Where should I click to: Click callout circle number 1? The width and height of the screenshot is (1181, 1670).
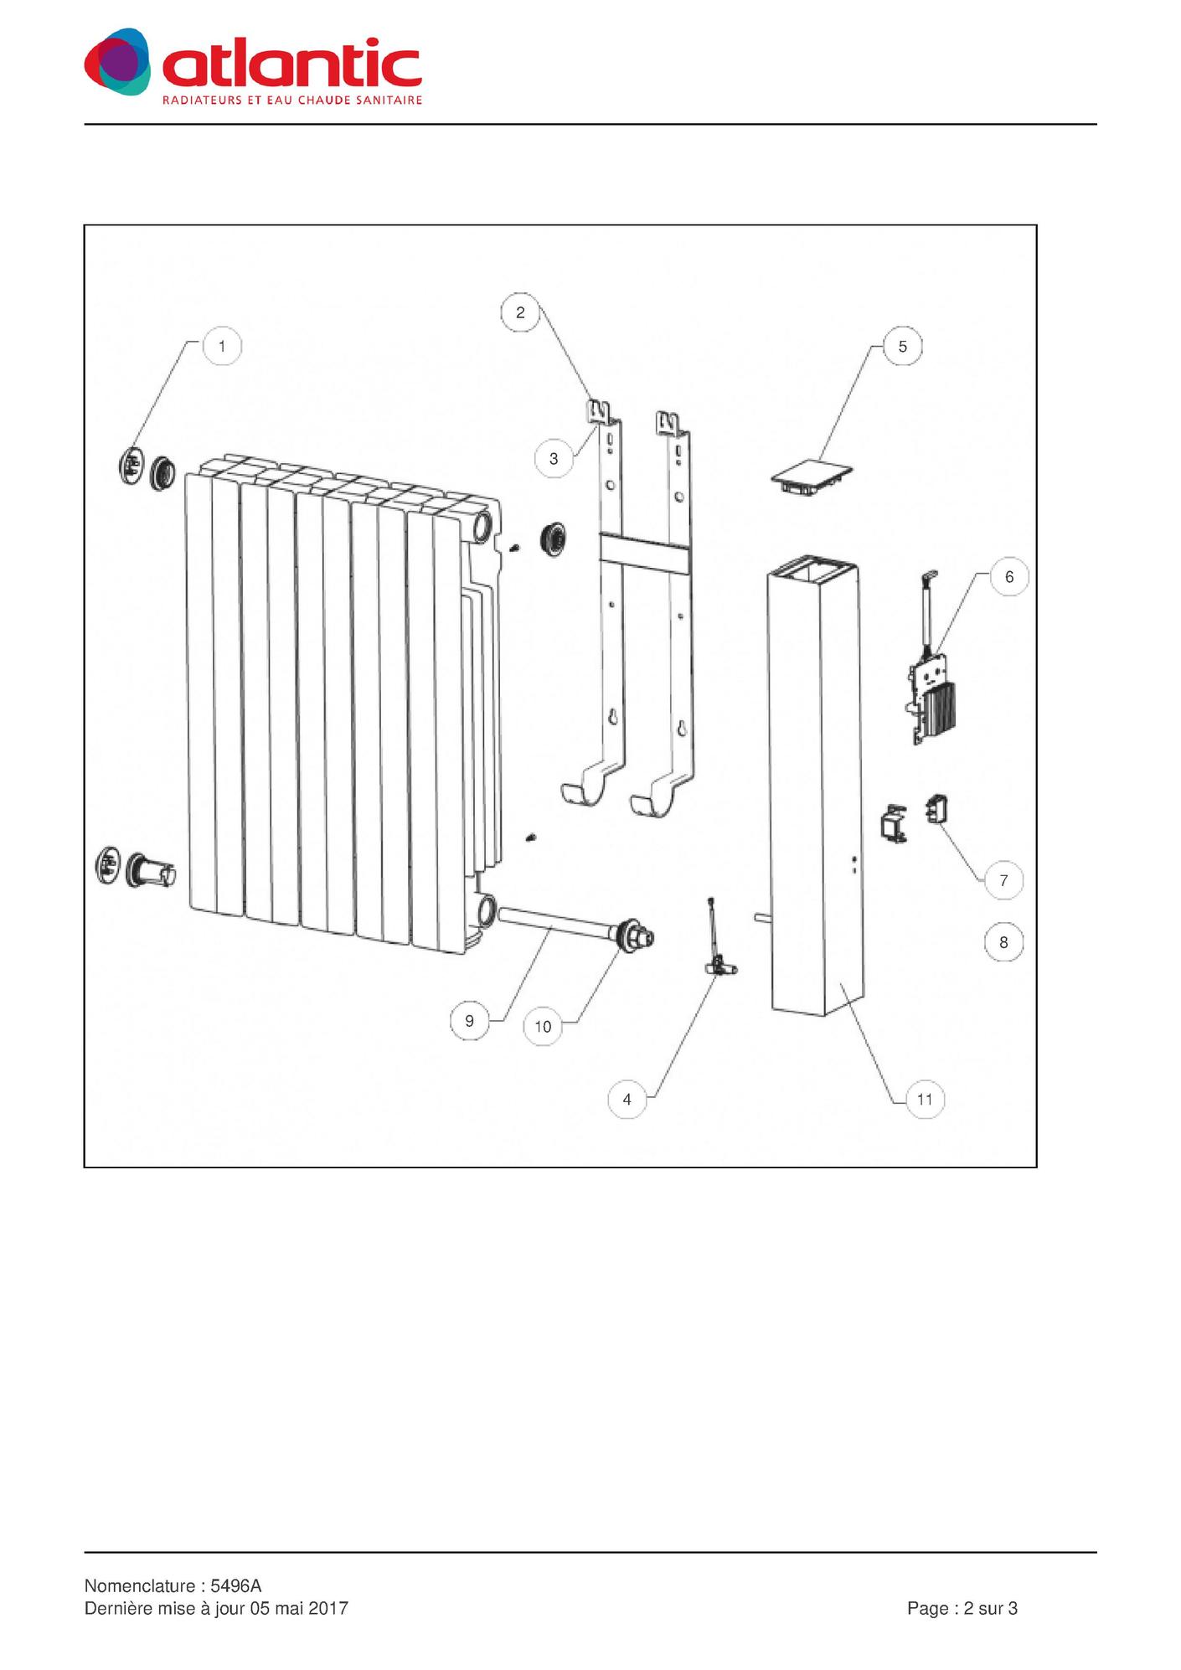[x=222, y=346]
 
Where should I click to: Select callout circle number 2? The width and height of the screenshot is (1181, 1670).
[x=520, y=312]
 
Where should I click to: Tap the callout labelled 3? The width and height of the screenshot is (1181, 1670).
[x=554, y=459]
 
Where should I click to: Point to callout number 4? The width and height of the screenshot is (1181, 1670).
[x=627, y=1100]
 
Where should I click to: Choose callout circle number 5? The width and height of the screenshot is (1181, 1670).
[x=902, y=347]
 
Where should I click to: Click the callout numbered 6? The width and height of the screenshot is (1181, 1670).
[x=1009, y=577]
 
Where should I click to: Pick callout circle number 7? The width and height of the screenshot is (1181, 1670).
[x=1003, y=881]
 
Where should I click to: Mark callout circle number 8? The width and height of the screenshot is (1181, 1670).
[x=1003, y=943]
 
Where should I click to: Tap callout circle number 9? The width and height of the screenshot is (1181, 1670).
[x=469, y=1021]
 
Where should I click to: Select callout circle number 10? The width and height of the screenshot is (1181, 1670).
[x=543, y=1027]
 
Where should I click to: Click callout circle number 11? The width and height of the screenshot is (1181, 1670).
[x=925, y=1100]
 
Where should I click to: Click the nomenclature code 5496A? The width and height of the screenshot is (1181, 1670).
[x=236, y=1586]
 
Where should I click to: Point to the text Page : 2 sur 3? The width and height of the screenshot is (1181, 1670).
[x=962, y=1608]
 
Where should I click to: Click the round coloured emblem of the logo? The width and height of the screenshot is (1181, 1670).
[x=118, y=61]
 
